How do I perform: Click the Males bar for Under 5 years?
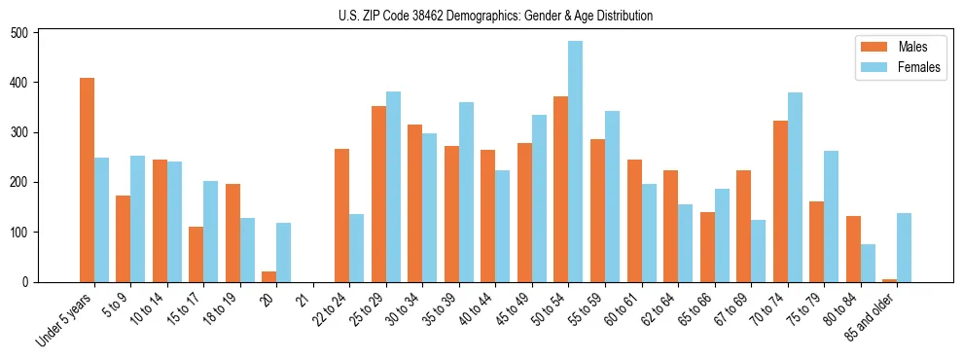[87, 180]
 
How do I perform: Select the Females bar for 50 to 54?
[576, 162]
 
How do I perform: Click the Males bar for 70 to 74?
[780, 201]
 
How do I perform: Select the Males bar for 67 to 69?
[743, 226]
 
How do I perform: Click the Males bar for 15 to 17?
[196, 254]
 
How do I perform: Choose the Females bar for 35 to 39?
[466, 192]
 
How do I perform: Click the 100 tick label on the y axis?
[28, 233]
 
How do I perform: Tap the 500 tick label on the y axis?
[28, 33]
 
